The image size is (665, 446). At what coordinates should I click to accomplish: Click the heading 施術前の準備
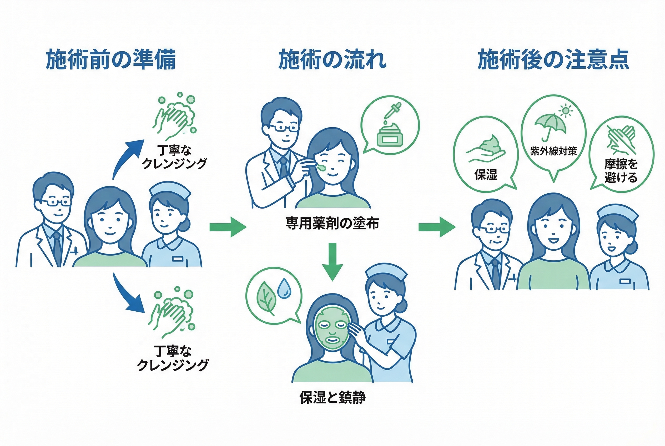110,59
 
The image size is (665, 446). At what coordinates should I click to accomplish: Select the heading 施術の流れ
332,59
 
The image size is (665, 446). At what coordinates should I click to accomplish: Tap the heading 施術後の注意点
553,59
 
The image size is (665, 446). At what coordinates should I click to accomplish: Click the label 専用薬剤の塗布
332,223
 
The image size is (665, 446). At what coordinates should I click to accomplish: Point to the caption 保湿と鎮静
332,397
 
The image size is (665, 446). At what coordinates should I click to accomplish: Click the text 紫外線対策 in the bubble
553,151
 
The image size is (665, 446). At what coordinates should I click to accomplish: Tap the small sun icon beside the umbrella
565,111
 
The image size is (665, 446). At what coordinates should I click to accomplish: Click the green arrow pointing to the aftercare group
436,227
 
